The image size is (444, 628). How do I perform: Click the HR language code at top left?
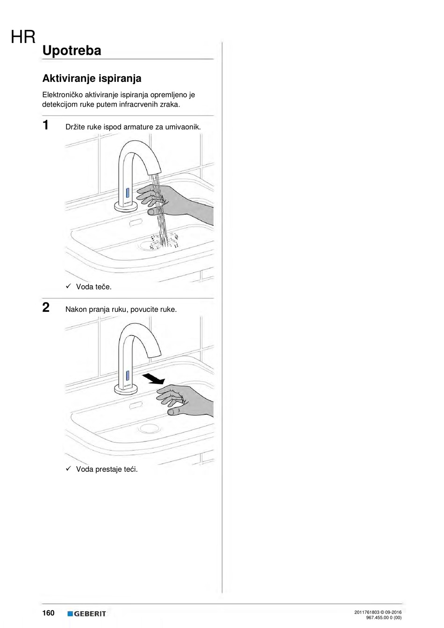[23, 37]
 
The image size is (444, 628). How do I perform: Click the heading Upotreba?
[72, 51]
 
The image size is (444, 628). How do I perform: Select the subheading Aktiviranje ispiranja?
[92, 78]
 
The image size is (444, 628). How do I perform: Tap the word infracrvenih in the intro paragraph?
[139, 104]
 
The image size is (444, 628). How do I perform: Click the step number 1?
[45, 125]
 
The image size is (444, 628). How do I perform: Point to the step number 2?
[46, 308]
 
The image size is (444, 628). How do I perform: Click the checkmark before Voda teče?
[68, 286]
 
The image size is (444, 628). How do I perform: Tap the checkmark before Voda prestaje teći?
[68, 469]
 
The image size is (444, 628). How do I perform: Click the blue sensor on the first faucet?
[127, 193]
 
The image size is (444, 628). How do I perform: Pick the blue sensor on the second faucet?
[127, 375]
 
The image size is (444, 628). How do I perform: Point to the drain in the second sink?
[150, 427]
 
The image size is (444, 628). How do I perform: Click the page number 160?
[48, 613]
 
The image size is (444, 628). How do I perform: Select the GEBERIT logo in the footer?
[87, 614]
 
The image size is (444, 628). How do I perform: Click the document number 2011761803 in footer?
[366, 612]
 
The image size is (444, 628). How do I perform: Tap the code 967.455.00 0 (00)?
[384, 618]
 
